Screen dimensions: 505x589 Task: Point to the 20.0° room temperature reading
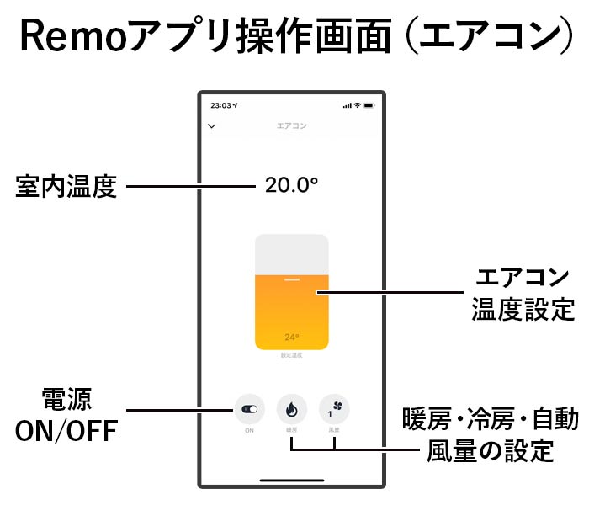tap(291, 185)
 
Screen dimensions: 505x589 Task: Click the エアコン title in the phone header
tap(292, 126)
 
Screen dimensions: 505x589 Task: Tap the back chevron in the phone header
tap(211, 126)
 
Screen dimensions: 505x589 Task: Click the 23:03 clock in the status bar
tap(221, 106)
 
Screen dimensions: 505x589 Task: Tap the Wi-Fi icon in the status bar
tap(357, 106)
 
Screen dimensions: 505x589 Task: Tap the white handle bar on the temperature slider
tap(292, 279)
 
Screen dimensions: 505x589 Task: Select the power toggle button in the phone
tap(250, 409)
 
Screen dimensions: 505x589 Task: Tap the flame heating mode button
tap(292, 409)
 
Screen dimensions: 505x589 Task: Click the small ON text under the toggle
tap(250, 431)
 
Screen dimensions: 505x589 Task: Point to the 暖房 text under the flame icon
tap(292, 431)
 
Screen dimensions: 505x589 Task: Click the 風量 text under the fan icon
tap(334, 431)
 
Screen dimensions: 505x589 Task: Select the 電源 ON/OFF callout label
tap(66, 414)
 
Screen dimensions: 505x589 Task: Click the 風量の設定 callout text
tap(491, 450)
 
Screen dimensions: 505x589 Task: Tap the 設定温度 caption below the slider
tap(292, 356)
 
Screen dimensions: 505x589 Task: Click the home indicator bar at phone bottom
tap(292, 481)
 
